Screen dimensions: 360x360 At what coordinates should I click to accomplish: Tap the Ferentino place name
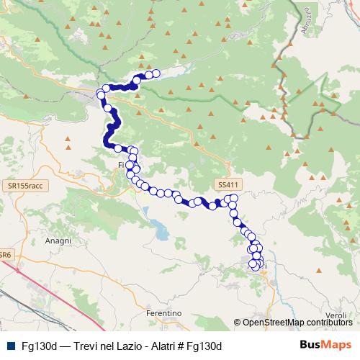[162, 314]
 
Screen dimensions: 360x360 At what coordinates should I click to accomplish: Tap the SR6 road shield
[5, 255]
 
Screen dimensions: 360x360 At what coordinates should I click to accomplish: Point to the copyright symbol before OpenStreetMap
[238, 323]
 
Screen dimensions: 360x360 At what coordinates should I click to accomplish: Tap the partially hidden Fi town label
[120, 165]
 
